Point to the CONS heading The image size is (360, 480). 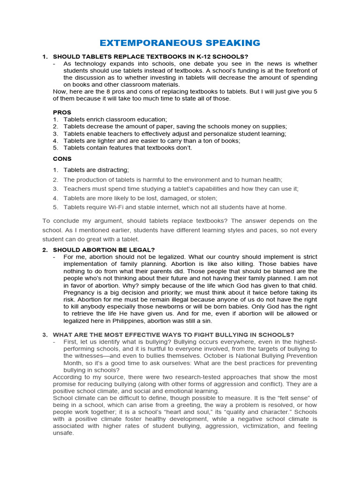[x=62, y=159]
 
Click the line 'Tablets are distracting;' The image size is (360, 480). [x=96, y=170]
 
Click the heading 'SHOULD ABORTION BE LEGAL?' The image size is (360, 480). [x=104, y=250]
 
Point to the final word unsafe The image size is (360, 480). [x=63, y=433]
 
